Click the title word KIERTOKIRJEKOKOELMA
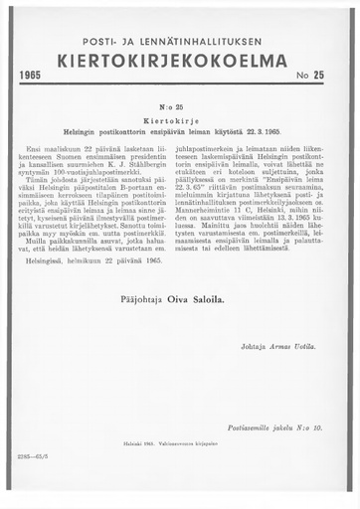pos(179,60)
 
